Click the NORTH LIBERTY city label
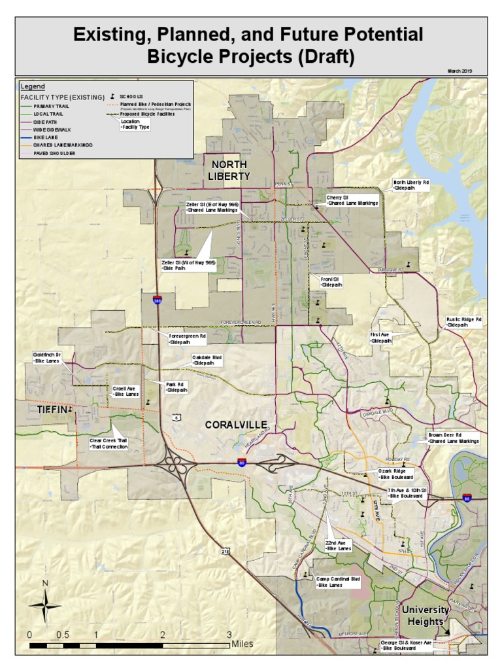click(229, 170)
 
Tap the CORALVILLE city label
click(236, 425)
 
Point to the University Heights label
click(426, 615)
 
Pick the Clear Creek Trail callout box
click(109, 444)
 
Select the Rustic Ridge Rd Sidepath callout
click(463, 322)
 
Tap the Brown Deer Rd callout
click(453, 438)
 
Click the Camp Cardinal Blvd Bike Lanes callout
click(338, 582)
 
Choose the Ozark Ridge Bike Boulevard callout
click(395, 474)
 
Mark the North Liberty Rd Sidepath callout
click(410, 185)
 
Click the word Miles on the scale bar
click(243, 644)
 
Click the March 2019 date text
click(460, 71)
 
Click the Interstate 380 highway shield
click(158, 300)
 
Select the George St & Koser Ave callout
click(406, 646)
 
